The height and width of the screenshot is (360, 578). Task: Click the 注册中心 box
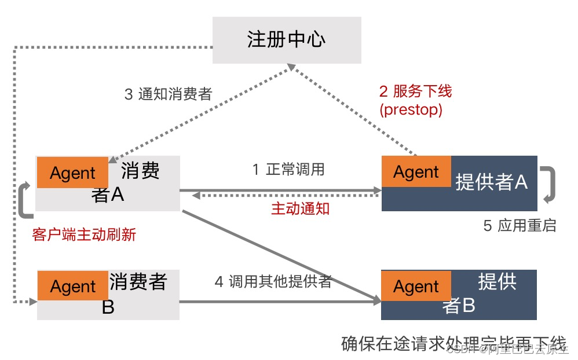[287, 39]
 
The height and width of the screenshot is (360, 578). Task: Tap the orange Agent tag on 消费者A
[72, 172]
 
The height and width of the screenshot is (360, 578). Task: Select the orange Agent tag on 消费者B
[73, 286]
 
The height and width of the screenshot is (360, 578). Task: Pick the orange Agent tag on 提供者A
[416, 171]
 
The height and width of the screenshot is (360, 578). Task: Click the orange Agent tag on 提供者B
[416, 286]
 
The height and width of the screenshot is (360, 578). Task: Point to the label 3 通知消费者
[168, 94]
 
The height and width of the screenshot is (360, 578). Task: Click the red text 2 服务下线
[415, 91]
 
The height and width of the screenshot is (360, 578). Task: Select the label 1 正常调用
[288, 170]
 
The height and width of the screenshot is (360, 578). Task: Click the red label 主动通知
[300, 209]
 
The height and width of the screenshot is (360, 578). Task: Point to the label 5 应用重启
[520, 226]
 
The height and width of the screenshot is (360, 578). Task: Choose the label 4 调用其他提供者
[273, 282]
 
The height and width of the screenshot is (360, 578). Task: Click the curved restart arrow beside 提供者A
[548, 184]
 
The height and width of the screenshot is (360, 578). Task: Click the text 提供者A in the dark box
[491, 182]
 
